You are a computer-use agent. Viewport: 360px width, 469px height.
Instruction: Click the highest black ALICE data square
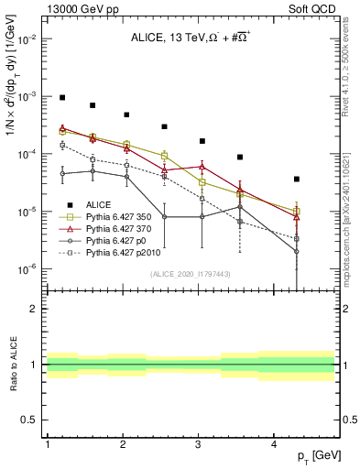tap(62, 97)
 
